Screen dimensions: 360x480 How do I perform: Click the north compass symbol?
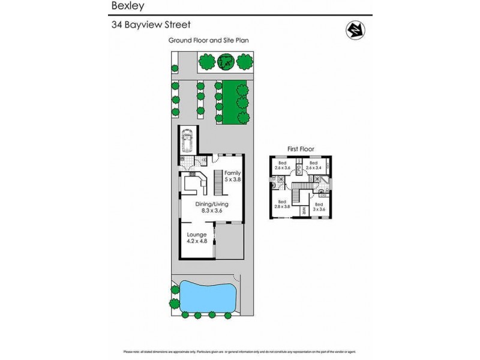point(354,28)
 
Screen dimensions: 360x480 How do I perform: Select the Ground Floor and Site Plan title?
point(208,41)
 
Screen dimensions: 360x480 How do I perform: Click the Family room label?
point(232,176)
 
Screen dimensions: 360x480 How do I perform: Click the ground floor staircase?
point(219,183)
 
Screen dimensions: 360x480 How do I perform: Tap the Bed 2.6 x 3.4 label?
point(313,165)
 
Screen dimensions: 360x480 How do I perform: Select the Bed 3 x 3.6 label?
point(319,207)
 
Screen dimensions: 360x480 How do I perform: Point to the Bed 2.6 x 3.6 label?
point(282,165)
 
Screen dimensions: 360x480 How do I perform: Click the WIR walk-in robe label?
point(304,211)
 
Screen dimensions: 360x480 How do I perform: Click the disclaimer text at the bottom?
point(240,352)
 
